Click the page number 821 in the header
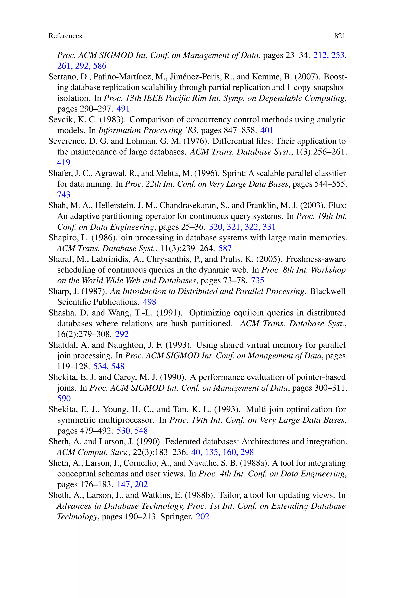(340, 36)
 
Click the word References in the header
(65, 36)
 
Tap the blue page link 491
(123, 109)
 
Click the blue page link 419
(63, 162)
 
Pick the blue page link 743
(63, 195)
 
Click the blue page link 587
(225, 248)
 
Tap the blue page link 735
(258, 280)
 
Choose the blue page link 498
(149, 302)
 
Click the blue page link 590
(64, 399)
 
